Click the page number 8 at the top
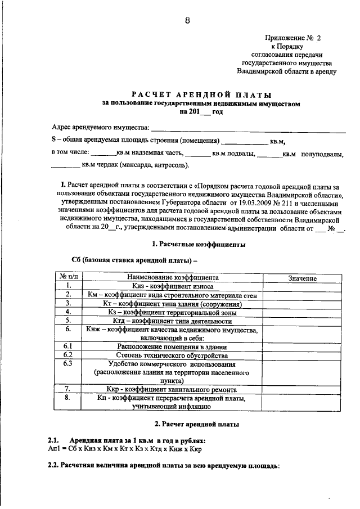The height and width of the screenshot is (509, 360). coord(187,21)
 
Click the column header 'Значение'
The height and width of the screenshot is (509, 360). coord(302,278)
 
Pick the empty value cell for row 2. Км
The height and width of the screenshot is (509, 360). coord(302,295)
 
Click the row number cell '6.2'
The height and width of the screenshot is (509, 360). coord(67,355)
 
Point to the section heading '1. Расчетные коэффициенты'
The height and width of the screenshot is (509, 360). coord(199,245)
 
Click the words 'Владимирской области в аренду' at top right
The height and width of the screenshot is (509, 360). coord(287,71)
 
